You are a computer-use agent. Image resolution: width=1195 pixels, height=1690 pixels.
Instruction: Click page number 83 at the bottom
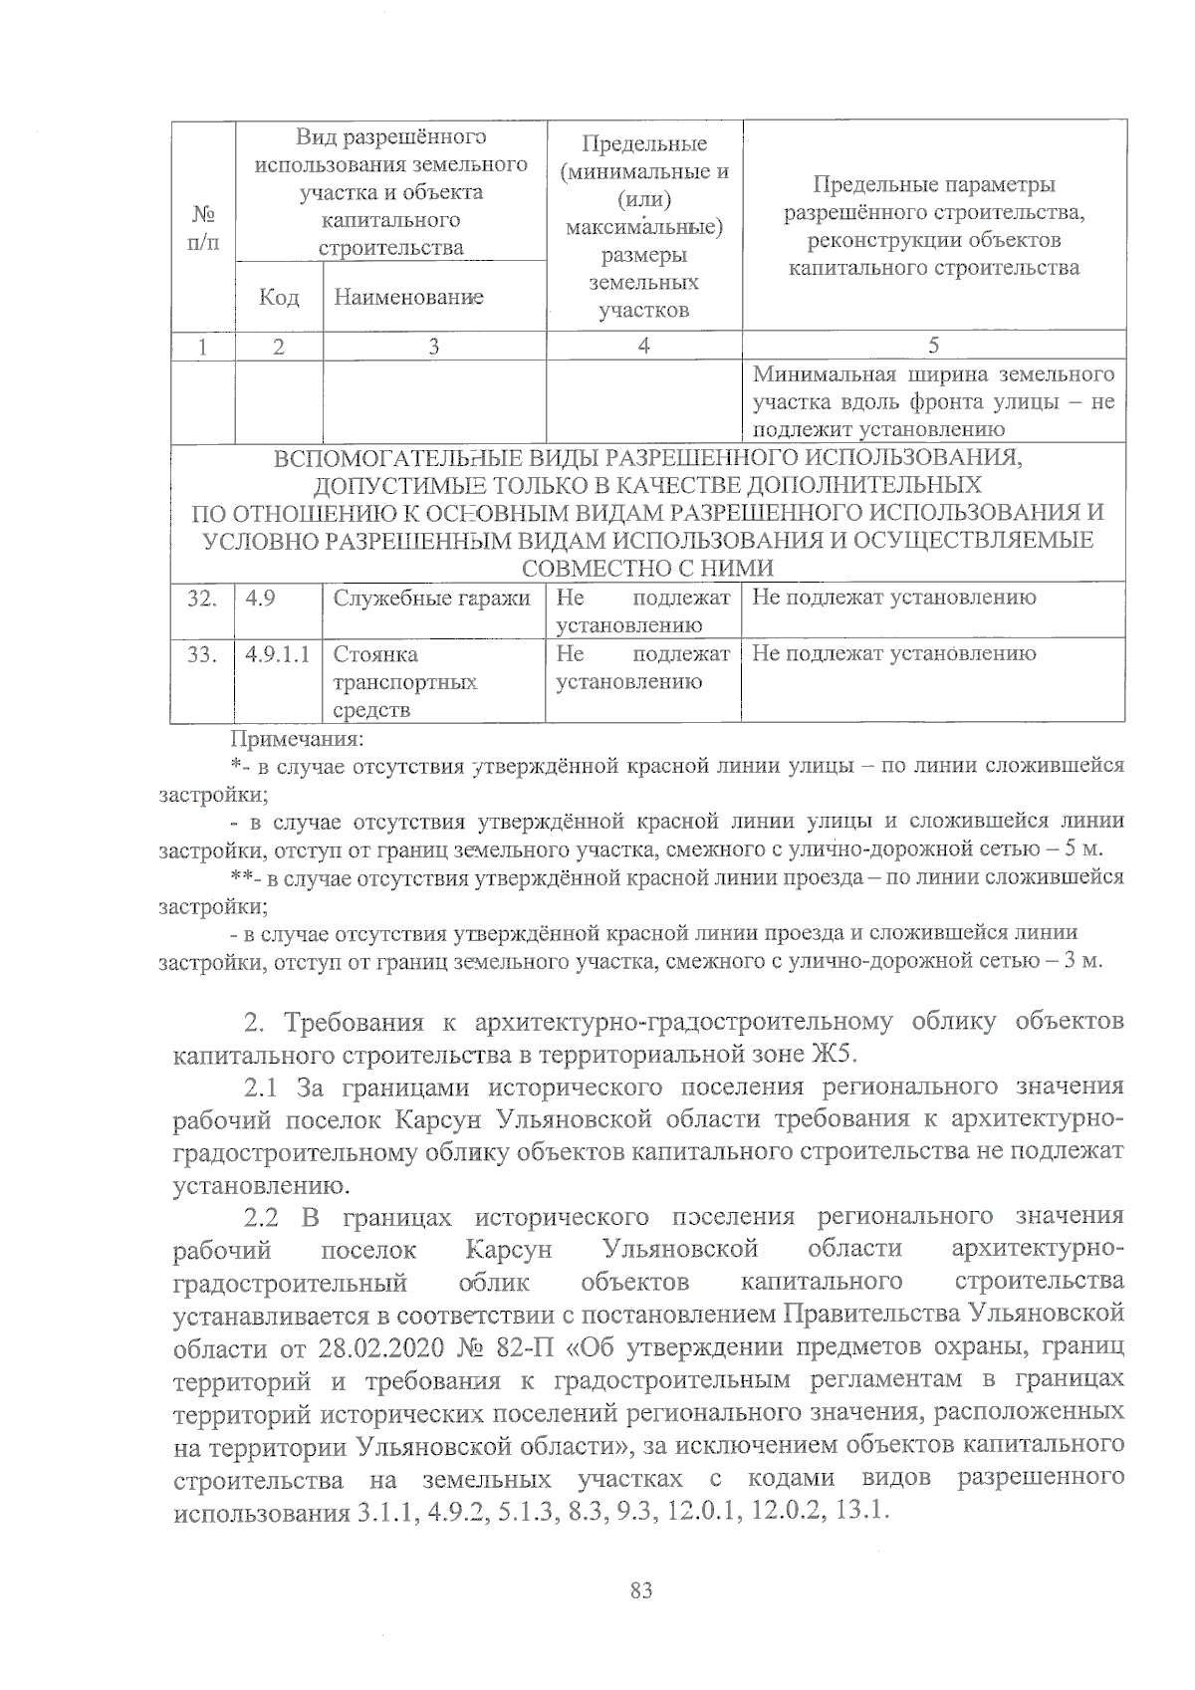click(x=641, y=1590)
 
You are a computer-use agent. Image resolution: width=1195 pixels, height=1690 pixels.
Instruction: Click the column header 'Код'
click(x=279, y=297)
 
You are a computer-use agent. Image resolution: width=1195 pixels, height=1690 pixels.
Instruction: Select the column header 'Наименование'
click(x=408, y=297)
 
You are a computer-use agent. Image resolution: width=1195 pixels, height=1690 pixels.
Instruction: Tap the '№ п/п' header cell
click(x=203, y=228)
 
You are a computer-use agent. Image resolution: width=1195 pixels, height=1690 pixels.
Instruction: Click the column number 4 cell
click(x=644, y=346)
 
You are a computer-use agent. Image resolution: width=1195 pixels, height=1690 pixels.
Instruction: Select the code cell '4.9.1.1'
click(x=277, y=654)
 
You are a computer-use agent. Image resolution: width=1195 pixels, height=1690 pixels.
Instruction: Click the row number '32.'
click(x=203, y=598)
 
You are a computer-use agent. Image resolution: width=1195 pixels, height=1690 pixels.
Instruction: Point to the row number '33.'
click(x=203, y=654)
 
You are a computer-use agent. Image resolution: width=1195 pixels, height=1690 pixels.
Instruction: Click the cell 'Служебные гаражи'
click(x=431, y=598)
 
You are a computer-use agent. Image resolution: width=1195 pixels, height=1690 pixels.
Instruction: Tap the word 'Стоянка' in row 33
click(x=375, y=654)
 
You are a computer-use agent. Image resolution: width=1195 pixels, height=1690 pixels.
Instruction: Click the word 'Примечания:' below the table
click(x=298, y=739)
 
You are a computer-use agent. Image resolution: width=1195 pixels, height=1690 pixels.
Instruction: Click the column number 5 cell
click(x=933, y=346)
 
